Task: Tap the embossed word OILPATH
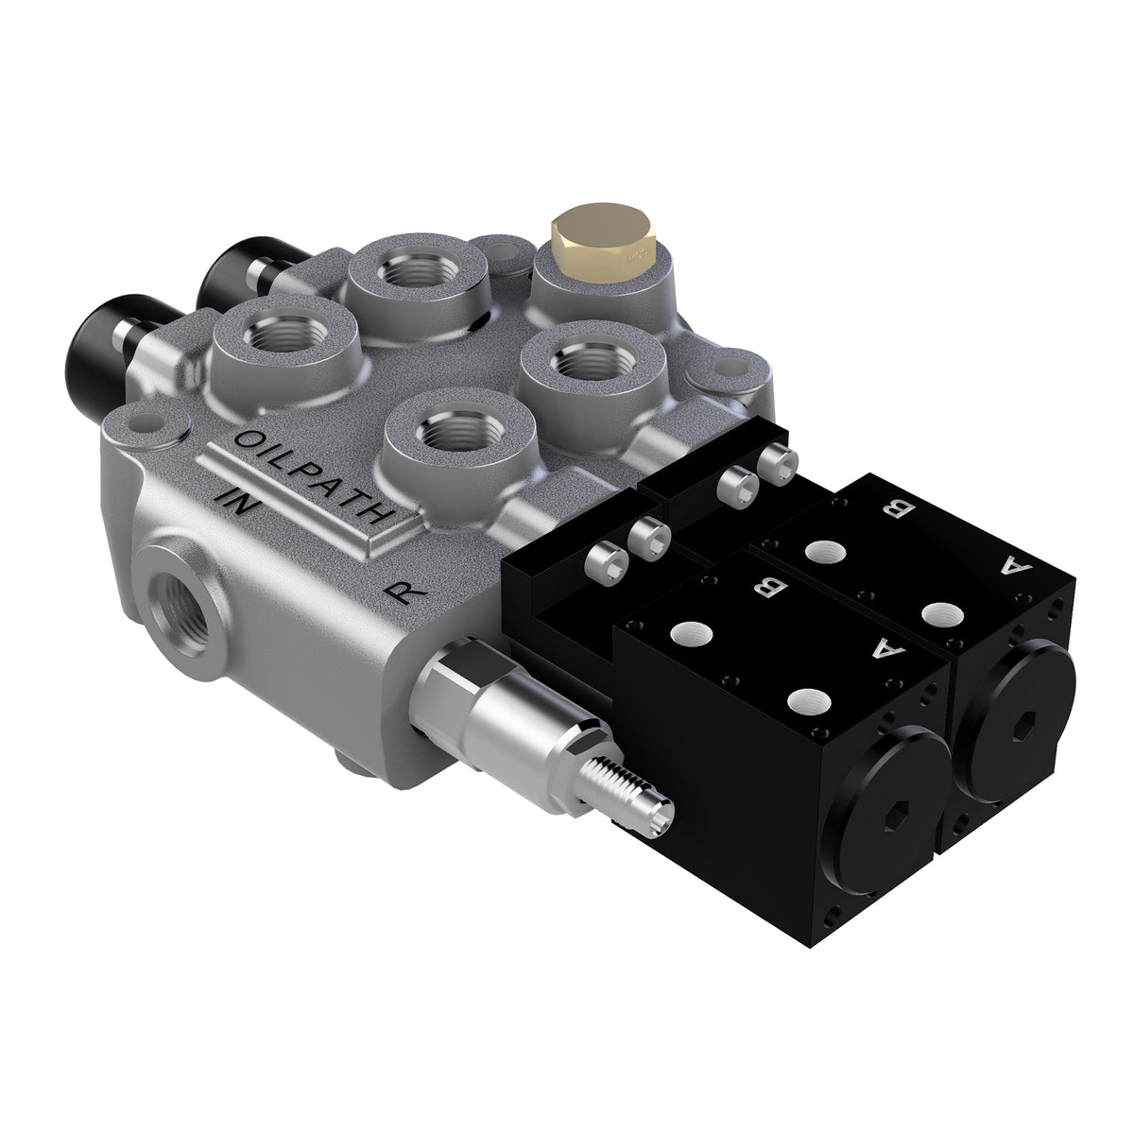(x=312, y=476)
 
